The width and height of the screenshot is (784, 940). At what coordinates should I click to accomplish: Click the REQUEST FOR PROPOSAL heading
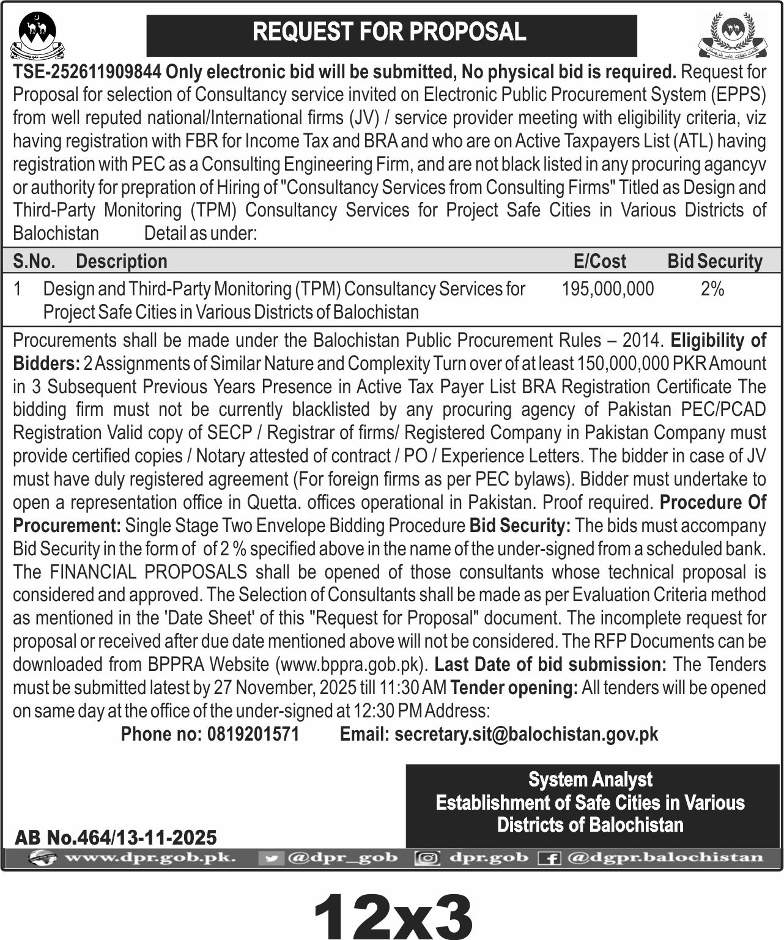pos(390,32)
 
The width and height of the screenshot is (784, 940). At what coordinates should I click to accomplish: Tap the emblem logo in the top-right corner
pos(732,35)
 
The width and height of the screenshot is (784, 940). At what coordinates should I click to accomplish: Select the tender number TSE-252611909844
pos(87,72)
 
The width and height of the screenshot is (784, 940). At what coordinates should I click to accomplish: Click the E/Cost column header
pos(599,262)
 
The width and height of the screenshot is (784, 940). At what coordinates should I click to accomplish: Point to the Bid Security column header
pos(714,262)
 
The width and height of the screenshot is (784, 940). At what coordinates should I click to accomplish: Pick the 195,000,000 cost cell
pos(607,289)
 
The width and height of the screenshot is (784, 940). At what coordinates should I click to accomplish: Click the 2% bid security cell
pos(712,289)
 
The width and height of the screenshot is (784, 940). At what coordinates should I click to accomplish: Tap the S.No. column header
pos(34,262)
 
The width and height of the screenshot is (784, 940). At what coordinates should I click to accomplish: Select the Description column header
pos(121,262)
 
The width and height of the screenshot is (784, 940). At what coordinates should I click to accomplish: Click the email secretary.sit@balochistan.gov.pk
pos(526,734)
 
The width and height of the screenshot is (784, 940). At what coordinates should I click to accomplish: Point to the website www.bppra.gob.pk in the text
pos(352,664)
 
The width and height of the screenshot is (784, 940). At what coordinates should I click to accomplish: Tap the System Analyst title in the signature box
pos(590,780)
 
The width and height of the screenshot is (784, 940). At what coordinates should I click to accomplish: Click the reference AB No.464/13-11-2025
pos(116,837)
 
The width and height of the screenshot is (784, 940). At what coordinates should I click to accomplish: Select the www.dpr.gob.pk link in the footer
pos(150,857)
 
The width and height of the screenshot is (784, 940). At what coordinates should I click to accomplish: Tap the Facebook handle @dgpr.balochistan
pos(665,857)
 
